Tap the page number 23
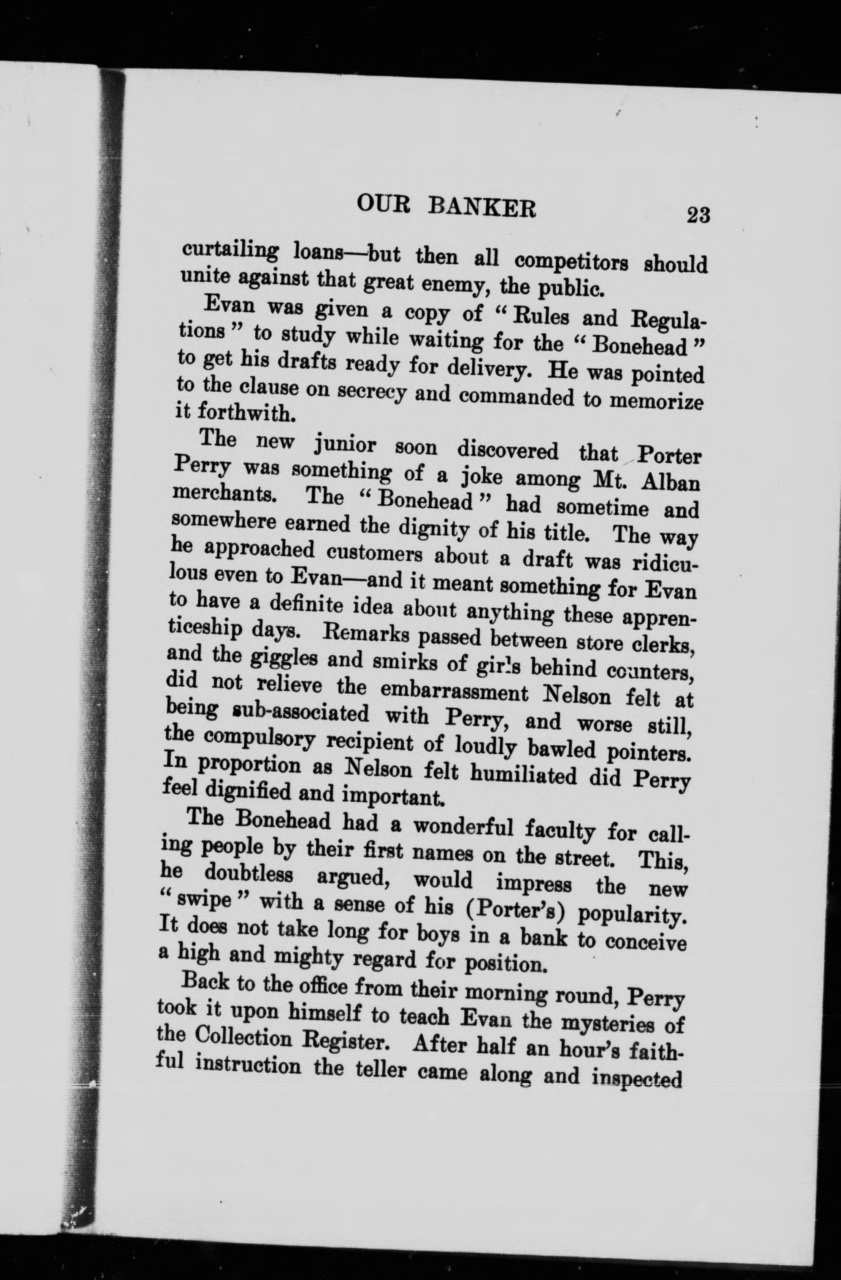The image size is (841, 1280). pyautogui.click(x=698, y=215)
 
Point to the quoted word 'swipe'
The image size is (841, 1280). pyautogui.click(x=209, y=902)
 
